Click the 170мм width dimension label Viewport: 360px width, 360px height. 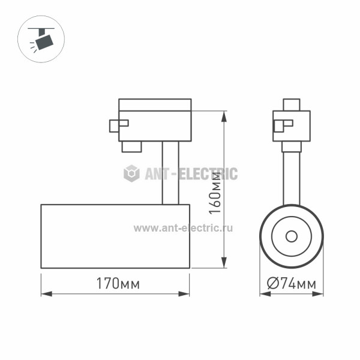coord(118,283)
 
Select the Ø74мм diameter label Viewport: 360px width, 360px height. coord(292,283)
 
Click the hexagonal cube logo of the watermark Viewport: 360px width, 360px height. coord(131,173)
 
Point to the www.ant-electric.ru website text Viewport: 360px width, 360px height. coord(183,228)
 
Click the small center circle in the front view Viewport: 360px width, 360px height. coord(292,236)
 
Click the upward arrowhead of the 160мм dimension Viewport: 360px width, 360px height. coord(224,116)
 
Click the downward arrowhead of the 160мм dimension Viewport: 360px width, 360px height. coord(224,262)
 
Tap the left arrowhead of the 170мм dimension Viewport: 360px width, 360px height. coord(47,294)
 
